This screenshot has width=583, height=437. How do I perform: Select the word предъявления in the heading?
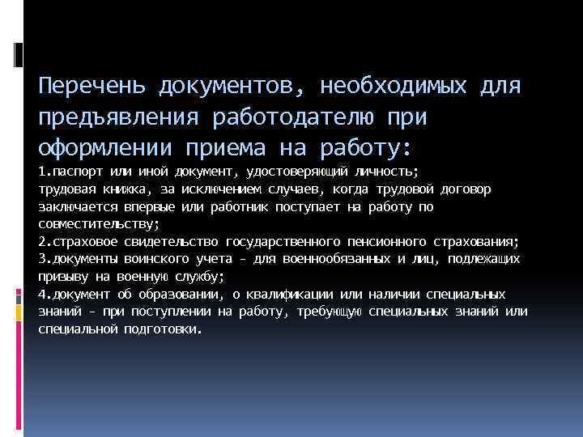(120, 118)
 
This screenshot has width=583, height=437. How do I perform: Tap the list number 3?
(42, 259)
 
